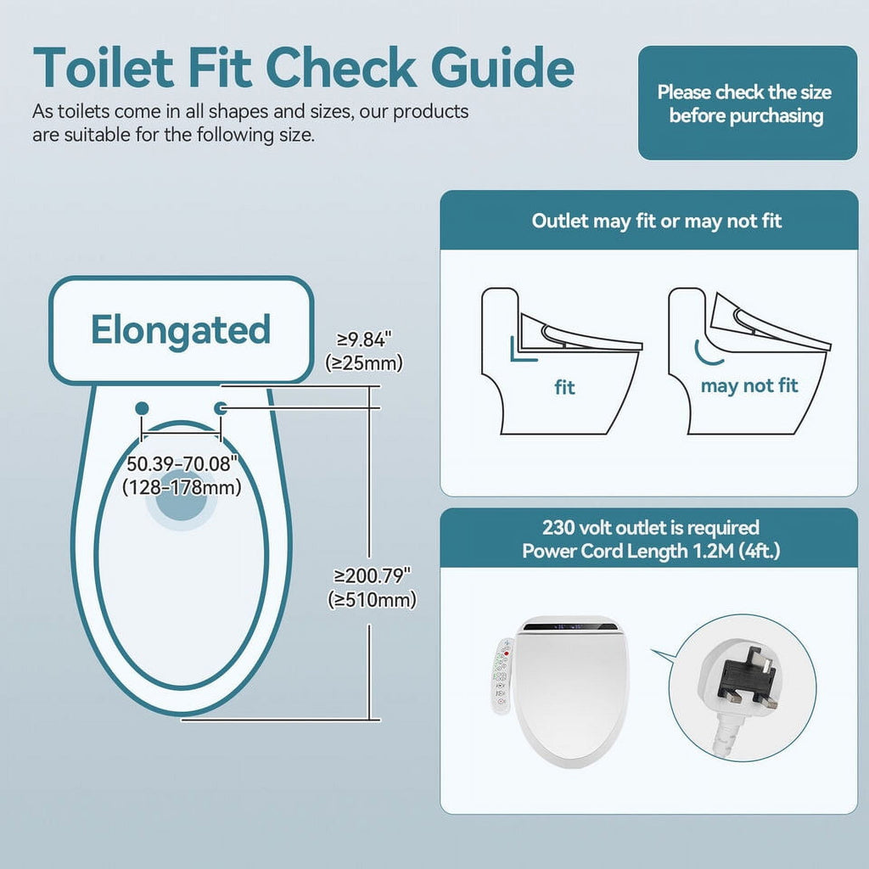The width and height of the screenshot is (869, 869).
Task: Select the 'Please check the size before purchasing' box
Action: [747, 104]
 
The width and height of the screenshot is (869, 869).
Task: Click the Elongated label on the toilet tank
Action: [181, 330]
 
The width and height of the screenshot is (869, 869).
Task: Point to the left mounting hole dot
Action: [142, 408]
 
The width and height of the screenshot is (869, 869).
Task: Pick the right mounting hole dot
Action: [221, 408]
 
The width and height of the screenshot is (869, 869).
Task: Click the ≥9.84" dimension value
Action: [364, 339]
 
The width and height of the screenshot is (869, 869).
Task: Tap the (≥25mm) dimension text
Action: [364, 362]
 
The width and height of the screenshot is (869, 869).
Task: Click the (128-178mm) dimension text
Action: [181, 487]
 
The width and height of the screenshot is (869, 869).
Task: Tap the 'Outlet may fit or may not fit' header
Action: [657, 221]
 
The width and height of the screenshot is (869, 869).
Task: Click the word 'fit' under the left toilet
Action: [564, 388]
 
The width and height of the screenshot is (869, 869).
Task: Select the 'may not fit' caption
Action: [749, 386]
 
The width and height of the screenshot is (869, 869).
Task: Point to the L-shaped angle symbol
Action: [521, 350]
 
